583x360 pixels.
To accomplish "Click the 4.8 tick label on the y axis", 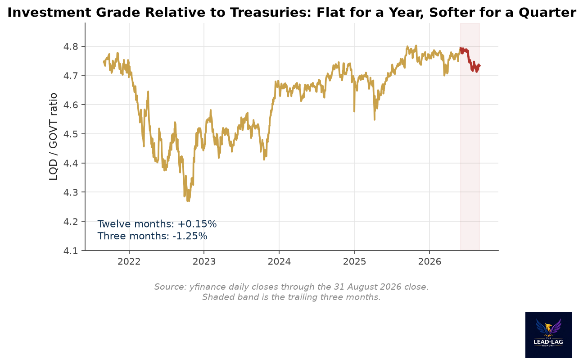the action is (x=71, y=47).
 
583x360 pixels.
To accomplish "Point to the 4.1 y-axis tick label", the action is (x=71, y=251).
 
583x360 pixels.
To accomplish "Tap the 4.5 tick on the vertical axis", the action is (x=71, y=134).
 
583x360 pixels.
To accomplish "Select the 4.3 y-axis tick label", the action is (x=71, y=193).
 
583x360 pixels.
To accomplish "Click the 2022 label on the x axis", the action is (x=129, y=261).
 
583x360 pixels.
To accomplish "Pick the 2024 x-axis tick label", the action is (x=279, y=261).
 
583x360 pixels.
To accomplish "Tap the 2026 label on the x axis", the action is (x=429, y=261).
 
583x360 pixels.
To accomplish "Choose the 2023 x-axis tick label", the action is (x=204, y=261).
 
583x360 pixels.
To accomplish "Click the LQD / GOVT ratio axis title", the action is (x=53, y=137).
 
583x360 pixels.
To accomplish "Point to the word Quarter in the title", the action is (x=547, y=13).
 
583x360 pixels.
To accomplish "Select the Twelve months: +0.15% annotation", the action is (x=157, y=224).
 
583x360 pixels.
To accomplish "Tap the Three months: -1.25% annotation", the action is (x=152, y=236).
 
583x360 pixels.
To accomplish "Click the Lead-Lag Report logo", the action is (x=548, y=335).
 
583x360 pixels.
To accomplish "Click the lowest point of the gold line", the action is (x=188, y=201).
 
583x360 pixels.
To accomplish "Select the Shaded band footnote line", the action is (x=292, y=297).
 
